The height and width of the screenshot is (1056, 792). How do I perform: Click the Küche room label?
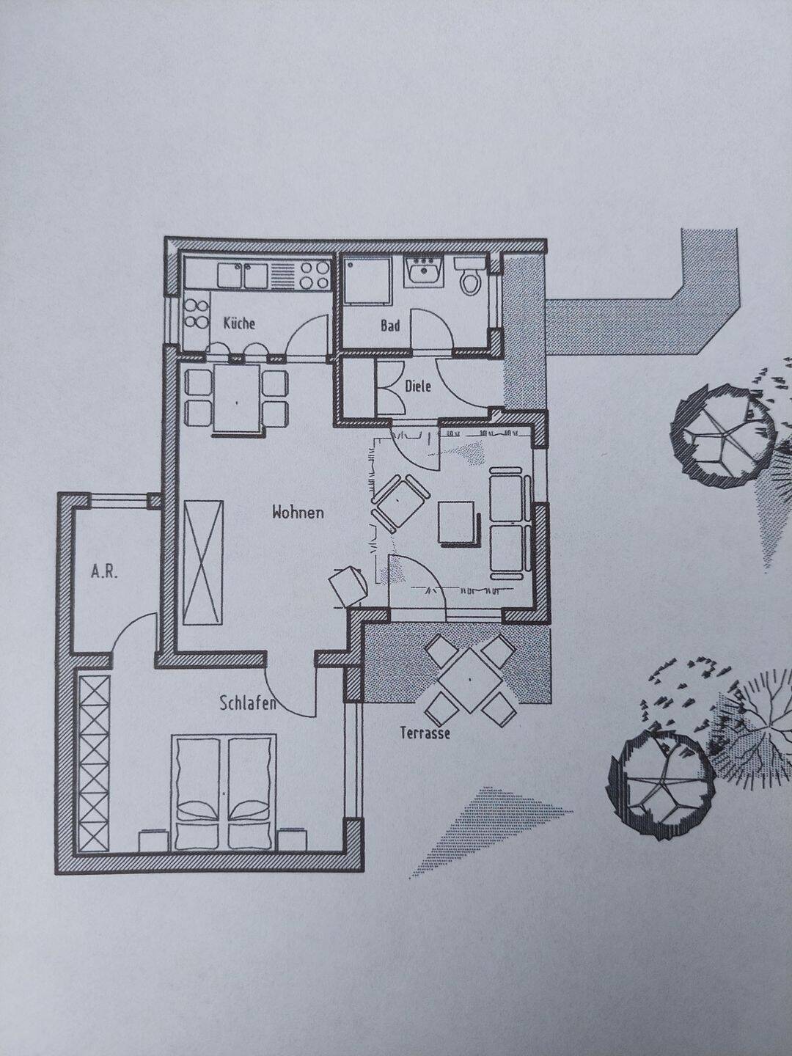tap(239, 323)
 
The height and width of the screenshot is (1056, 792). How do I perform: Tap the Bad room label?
tap(390, 326)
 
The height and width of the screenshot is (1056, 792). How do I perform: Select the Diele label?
tap(418, 386)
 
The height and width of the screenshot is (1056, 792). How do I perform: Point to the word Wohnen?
tap(298, 513)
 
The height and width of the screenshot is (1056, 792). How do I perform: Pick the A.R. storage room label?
tap(104, 573)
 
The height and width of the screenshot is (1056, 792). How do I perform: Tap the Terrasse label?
tap(425, 733)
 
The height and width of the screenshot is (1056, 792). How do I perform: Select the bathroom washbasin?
tap(424, 272)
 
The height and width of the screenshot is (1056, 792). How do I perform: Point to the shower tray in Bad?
tap(365, 280)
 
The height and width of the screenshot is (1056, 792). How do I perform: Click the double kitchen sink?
tap(243, 275)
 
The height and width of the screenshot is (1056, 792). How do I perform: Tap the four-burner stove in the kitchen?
tap(315, 274)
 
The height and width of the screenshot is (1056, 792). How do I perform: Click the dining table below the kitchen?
tap(237, 399)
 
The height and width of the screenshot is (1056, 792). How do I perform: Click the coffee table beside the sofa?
tap(457, 524)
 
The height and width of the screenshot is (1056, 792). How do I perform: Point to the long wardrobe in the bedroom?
tap(95, 763)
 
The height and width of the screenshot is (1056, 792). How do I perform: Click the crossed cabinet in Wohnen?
tap(203, 562)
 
